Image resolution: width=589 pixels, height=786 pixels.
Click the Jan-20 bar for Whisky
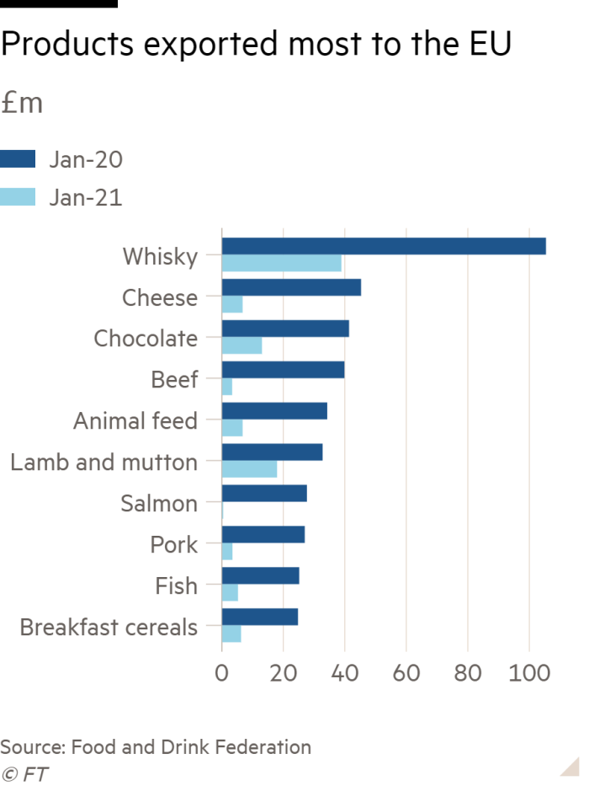click(x=384, y=246)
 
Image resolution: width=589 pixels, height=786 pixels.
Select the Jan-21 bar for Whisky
click(x=282, y=265)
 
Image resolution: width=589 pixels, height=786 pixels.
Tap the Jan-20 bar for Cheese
click(x=291, y=287)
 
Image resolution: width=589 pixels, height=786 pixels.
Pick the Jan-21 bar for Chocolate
click(x=241, y=346)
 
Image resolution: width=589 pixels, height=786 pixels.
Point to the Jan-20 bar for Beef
click(x=283, y=370)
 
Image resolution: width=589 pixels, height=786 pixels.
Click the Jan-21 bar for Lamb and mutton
click(x=249, y=470)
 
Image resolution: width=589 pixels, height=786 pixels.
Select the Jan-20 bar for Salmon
click(x=264, y=494)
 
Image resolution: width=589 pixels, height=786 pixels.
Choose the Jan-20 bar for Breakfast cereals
click(x=260, y=618)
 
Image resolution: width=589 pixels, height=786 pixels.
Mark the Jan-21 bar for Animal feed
click(x=232, y=429)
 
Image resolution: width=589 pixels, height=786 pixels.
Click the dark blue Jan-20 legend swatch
click(x=18, y=159)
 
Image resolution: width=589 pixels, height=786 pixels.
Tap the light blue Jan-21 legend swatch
click(x=18, y=197)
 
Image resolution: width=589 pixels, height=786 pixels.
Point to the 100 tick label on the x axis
click(x=528, y=674)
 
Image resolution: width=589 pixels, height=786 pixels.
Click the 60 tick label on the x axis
click(x=406, y=674)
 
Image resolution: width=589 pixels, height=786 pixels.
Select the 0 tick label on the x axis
click(x=222, y=674)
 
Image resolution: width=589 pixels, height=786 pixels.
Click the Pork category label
click(x=174, y=545)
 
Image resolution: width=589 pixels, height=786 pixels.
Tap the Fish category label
click(x=177, y=586)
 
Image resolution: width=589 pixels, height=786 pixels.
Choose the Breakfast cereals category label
click(x=109, y=628)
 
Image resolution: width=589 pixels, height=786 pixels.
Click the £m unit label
click(x=22, y=104)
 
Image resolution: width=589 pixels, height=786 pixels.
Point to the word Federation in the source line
click(x=260, y=746)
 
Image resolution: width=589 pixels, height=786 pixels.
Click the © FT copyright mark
click(x=24, y=774)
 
